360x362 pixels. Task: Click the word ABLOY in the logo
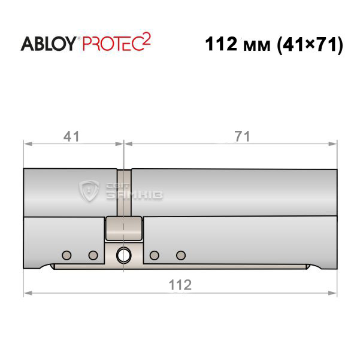point(49,44)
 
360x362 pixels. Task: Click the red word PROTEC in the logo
point(113,44)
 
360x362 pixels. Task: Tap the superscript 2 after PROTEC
point(147,39)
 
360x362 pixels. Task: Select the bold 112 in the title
point(221,44)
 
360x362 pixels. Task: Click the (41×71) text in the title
point(310,44)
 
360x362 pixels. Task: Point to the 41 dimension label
point(71,136)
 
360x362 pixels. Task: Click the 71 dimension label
point(242,136)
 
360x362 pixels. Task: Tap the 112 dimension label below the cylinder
point(180,285)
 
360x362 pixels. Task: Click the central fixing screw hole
point(123,255)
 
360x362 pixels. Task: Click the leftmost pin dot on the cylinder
point(66,255)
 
